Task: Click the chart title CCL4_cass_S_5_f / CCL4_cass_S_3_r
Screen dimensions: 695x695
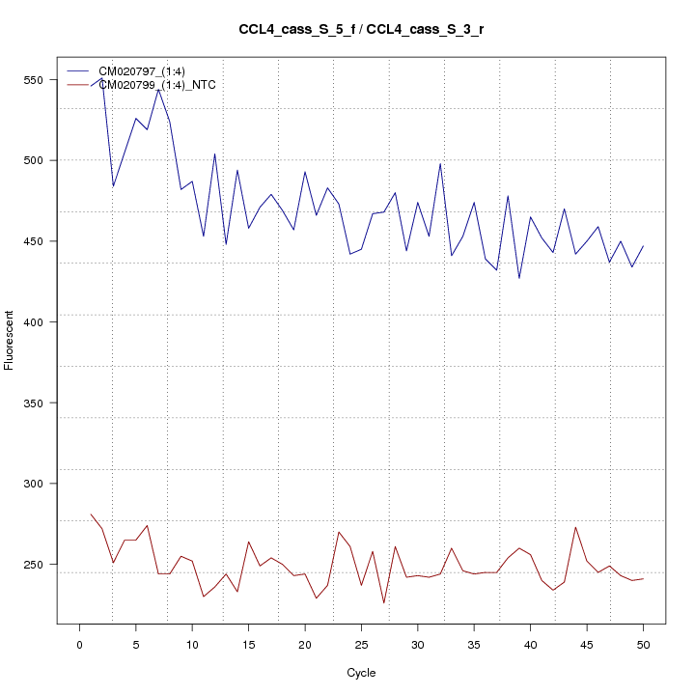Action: pyautogui.click(x=361, y=29)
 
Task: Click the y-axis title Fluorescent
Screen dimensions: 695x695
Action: pyautogui.click(x=11, y=340)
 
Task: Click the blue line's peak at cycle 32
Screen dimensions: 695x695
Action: pyautogui.click(x=440, y=163)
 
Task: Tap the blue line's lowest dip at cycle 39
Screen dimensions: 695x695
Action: pyautogui.click(x=519, y=278)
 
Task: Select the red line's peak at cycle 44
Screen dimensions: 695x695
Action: pyautogui.click(x=575, y=527)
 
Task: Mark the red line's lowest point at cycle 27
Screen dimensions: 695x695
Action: pyautogui.click(x=383, y=603)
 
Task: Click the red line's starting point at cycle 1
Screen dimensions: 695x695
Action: pyautogui.click(x=91, y=514)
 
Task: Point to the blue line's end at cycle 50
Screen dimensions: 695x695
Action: pyautogui.click(x=643, y=246)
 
